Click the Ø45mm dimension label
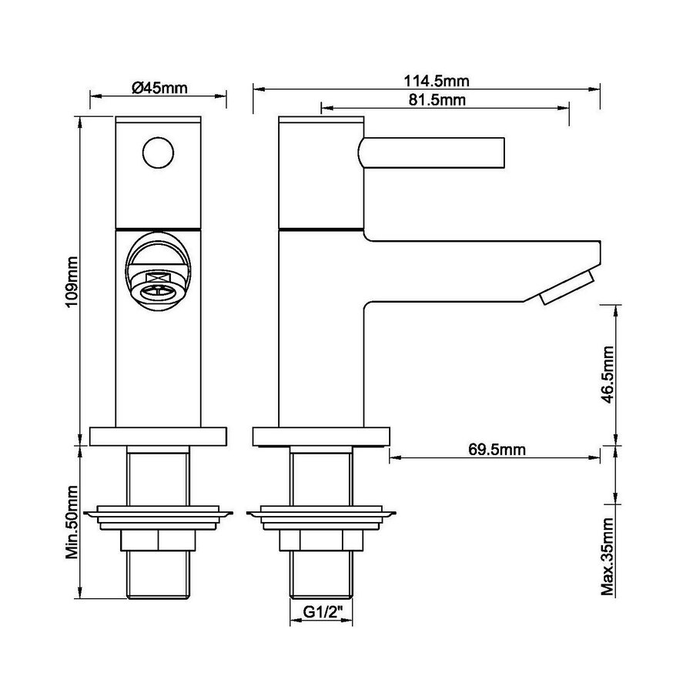pos(159,88)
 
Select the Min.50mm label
pos(71,522)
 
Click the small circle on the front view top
pos(159,151)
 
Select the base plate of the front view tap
pos(159,437)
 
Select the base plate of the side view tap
pos(322,437)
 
